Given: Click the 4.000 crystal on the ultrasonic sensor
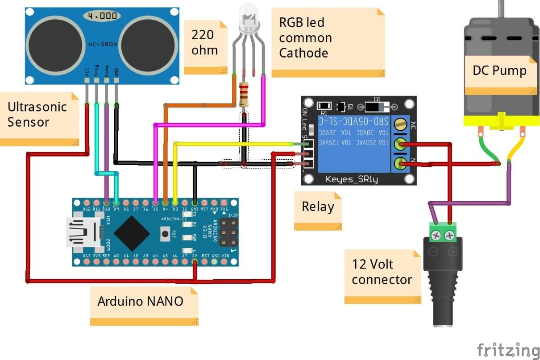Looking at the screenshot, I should (x=102, y=16).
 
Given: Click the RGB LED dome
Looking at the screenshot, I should (x=249, y=17).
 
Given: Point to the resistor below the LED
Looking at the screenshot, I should (x=244, y=94).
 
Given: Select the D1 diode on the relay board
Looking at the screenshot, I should (x=377, y=106).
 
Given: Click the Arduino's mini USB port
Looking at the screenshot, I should (x=82, y=232).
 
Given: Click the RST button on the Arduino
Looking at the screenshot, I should (x=166, y=232).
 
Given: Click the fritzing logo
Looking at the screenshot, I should (x=508, y=349).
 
